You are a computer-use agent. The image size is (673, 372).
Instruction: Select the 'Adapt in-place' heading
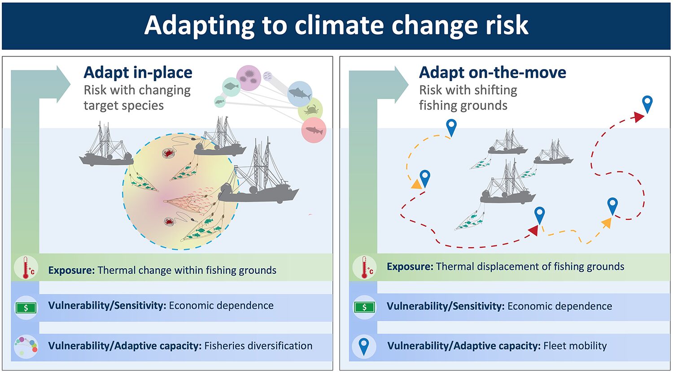point(138,72)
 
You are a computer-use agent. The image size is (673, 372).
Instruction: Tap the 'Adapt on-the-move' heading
point(493,72)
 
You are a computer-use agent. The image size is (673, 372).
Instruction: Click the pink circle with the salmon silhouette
point(314,130)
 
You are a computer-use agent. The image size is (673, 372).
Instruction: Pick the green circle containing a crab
point(310,110)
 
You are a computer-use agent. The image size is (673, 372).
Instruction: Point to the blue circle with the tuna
point(300,94)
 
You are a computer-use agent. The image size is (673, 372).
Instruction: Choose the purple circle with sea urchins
point(249,78)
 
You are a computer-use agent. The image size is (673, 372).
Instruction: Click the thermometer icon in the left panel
point(27,268)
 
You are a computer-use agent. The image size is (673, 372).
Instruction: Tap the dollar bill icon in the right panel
point(364,307)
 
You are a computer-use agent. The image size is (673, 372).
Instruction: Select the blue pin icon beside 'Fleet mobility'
point(364,346)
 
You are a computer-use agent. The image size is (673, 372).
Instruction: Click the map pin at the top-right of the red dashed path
point(647,104)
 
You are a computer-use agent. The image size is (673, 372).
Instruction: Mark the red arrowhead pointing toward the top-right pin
point(639,117)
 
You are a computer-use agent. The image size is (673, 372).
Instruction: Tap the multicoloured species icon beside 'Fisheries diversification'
point(26,347)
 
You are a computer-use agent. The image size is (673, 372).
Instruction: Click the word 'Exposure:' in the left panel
point(71,270)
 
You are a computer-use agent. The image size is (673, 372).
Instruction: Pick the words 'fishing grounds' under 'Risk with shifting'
point(463,105)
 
